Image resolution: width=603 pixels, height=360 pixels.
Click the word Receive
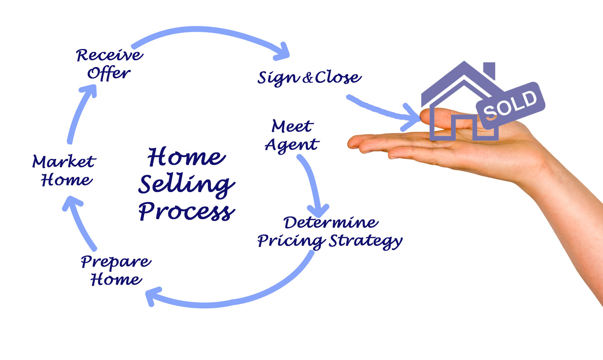click(x=110, y=55)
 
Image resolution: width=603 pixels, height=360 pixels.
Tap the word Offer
click(x=109, y=73)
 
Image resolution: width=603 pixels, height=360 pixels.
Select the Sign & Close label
click(x=309, y=78)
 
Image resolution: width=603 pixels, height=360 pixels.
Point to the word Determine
click(x=331, y=223)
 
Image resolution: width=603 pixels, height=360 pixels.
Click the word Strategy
click(x=366, y=241)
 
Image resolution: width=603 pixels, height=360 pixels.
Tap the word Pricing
click(x=291, y=241)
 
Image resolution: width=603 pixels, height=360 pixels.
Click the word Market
click(x=64, y=162)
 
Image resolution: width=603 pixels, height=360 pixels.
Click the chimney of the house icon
click(x=489, y=70)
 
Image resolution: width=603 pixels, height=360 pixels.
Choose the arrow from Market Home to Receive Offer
click(x=80, y=113)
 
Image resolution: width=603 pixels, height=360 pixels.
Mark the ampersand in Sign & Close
click(x=308, y=78)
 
